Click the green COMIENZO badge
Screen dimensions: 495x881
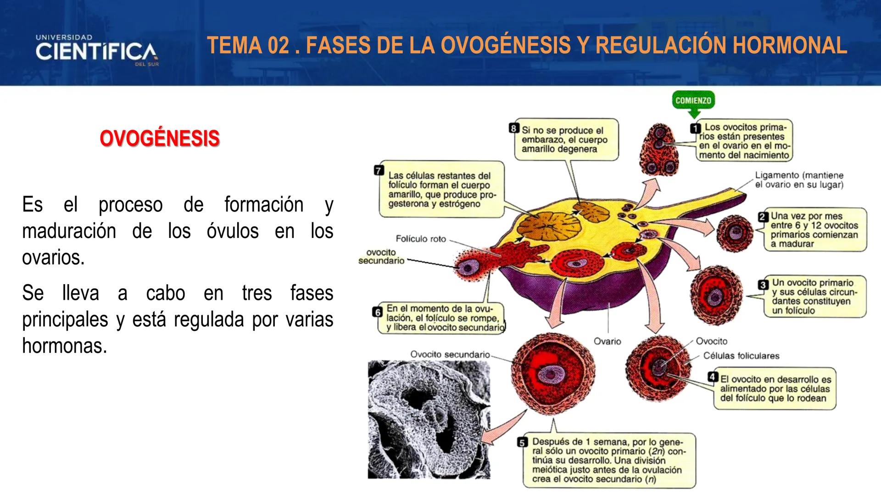click(x=693, y=101)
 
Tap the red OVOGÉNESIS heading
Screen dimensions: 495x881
click(x=160, y=138)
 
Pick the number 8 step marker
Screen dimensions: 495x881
click(x=514, y=128)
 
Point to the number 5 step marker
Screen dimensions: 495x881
click(x=522, y=443)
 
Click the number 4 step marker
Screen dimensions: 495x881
click(x=713, y=377)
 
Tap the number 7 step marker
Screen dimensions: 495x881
click(x=379, y=170)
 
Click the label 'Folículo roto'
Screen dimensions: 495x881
click(x=420, y=239)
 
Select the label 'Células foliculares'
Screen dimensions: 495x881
click(x=741, y=356)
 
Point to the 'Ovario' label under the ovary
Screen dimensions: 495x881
click(x=607, y=341)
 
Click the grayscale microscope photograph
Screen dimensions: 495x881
click(x=429, y=419)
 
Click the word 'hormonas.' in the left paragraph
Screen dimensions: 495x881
click(x=64, y=346)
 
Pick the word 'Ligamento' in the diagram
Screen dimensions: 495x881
click(x=777, y=176)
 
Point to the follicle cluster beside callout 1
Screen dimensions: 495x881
click(x=660, y=150)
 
